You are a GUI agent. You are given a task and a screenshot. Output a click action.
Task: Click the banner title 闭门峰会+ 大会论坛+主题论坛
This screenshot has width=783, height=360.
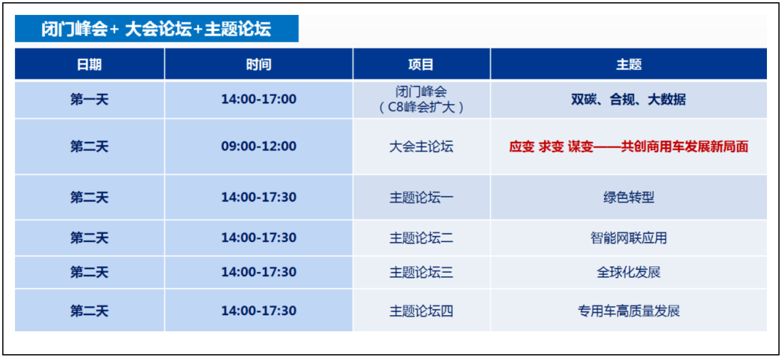pos(156,29)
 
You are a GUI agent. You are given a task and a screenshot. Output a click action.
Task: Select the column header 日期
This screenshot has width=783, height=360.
pos(89,65)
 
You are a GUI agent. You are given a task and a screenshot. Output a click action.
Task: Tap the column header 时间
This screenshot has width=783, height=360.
pos(259,65)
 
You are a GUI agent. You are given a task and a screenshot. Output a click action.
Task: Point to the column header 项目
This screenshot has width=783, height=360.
pos(421,65)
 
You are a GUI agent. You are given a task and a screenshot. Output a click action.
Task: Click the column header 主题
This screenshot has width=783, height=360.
pos(629,65)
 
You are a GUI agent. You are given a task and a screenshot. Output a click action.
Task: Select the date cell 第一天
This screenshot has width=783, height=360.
pos(89,99)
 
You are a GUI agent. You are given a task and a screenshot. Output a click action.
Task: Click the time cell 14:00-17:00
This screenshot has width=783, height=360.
pos(259,99)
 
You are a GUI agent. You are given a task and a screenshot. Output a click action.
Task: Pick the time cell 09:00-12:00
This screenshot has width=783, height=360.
pos(259,146)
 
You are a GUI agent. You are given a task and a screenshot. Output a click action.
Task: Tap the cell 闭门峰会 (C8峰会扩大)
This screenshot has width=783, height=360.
pos(421,99)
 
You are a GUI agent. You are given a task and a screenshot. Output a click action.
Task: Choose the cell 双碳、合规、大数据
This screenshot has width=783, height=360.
pos(629,99)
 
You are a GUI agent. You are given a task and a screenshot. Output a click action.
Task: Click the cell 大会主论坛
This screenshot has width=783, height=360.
pos(421,146)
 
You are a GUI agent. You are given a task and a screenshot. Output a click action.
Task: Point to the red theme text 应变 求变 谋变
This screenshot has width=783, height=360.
pos(551,146)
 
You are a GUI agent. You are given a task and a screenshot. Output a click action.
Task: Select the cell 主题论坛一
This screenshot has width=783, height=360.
pos(421,198)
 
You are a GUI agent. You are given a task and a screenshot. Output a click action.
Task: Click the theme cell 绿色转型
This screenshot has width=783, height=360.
pos(629,198)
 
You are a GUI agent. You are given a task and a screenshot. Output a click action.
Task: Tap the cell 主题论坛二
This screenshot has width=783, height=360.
pos(421,238)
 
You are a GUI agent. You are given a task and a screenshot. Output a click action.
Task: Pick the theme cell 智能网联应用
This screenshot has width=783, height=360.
pos(629,238)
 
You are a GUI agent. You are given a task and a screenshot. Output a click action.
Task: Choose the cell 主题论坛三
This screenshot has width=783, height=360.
pos(421,272)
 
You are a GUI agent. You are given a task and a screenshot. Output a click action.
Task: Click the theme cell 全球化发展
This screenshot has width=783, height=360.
pos(629,272)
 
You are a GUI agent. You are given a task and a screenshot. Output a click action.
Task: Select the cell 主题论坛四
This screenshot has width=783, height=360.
pos(421,311)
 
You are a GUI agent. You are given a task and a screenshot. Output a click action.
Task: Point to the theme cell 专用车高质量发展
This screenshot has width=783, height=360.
pos(629,311)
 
